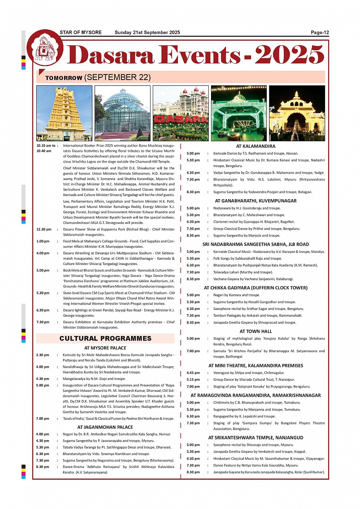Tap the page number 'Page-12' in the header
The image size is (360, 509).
pyautogui.click(x=320, y=33)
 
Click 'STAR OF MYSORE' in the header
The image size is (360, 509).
pyautogui.click(x=81, y=33)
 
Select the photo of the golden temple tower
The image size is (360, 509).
pyautogui.click(x=64, y=113)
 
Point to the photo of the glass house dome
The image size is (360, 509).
pyautogui.click(x=122, y=113)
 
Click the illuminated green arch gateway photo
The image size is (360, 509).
pyautogui.click(x=239, y=113)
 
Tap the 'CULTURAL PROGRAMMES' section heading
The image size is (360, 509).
pyautogui.click(x=106, y=338)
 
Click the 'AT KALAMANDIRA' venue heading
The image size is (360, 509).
pyautogui.click(x=256, y=146)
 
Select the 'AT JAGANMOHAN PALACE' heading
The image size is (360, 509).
pyautogui.click(x=105, y=427)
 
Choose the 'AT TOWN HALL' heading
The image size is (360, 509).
pyautogui.click(x=256, y=332)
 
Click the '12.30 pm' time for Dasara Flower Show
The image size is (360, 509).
pyautogui.click(x=44, y=230)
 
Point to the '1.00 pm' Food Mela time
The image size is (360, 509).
pyautogui.click(x=43, y=241)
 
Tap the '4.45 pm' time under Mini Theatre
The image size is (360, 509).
pyautogui.click(x=193, y=373)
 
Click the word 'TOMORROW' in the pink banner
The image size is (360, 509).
pyautogui.click(x=64, y=78)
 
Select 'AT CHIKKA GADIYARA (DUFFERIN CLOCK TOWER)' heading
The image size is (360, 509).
pyautogui.click(x=256, y=288)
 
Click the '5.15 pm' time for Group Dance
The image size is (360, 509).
pyautogui.click(x=193, y=380)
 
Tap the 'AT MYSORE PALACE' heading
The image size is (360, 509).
pyautogui.click(x=105, y=348)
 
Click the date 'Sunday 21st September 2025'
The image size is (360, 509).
pyautogui.click(x=147, y=33)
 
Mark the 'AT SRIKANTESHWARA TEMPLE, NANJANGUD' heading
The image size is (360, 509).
pyautogui.click(x=256, y=438)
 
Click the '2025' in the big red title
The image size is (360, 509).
pyautogui.click(x=289, y=55)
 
